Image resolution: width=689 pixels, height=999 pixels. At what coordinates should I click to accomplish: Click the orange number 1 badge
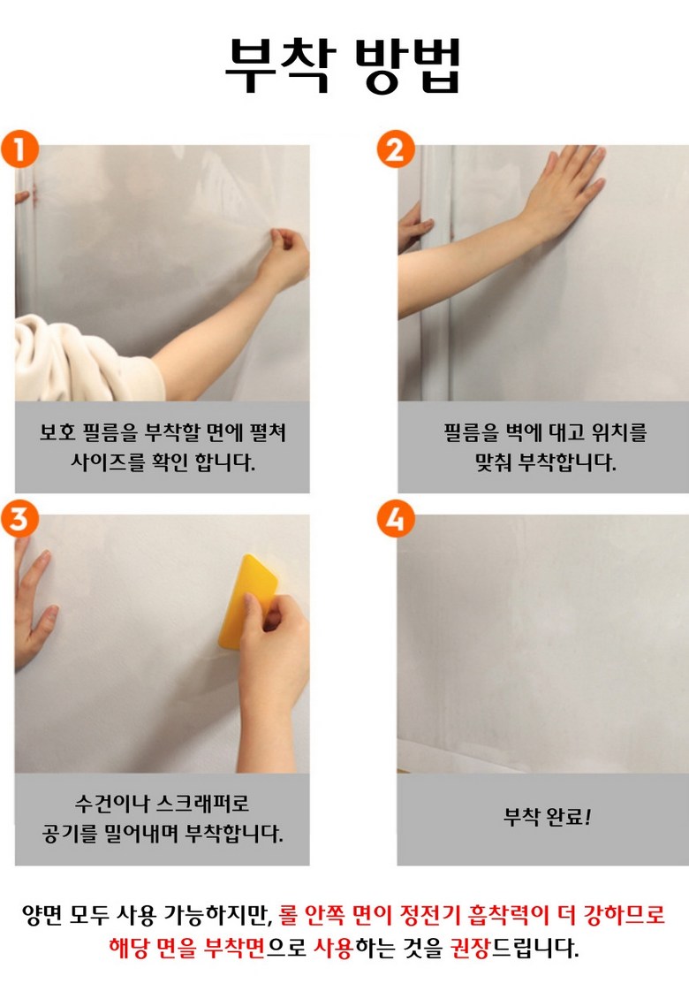point(19,149)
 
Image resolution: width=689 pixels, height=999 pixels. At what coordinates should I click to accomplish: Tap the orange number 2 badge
point(396,149)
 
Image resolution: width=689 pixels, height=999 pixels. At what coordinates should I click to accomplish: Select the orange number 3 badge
point(19,519)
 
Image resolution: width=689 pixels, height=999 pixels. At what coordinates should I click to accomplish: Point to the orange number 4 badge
point(396,519)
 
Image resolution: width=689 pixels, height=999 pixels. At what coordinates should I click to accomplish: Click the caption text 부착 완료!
point(548,816)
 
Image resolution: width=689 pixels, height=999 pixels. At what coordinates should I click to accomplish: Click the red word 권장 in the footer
point(469,948)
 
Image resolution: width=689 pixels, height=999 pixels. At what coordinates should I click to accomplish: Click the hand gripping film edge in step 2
point(414,226)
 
